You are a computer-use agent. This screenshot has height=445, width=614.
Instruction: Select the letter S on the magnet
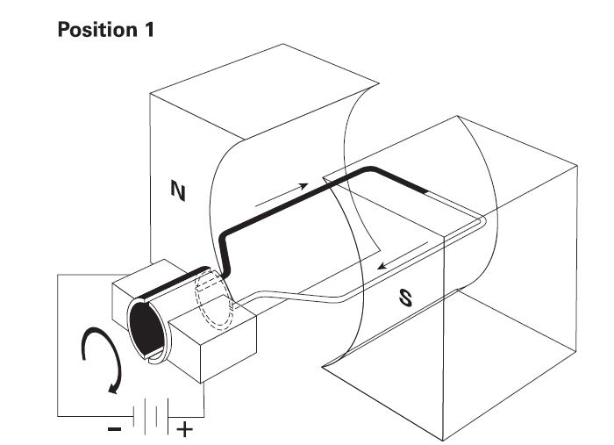[x=405, y=298]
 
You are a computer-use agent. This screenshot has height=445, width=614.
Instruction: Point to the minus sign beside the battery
[x=116, y=430]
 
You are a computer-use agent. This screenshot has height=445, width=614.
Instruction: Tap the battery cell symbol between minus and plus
[x=150, y=415]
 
